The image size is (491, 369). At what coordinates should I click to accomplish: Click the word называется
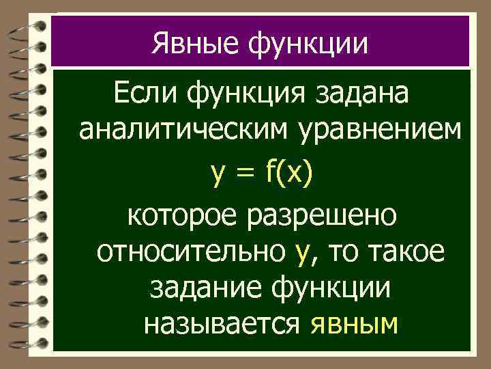point(222,325)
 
